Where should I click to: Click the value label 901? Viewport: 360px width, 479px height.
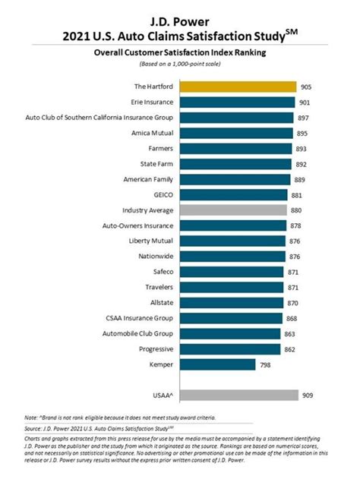point(305,102)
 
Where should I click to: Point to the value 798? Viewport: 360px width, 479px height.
point(266,364)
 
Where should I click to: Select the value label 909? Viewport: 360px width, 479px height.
point(307,395)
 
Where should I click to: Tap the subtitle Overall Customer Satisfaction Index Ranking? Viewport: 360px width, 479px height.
point(180,53)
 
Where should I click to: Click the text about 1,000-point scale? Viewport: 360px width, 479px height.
point(180,65)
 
